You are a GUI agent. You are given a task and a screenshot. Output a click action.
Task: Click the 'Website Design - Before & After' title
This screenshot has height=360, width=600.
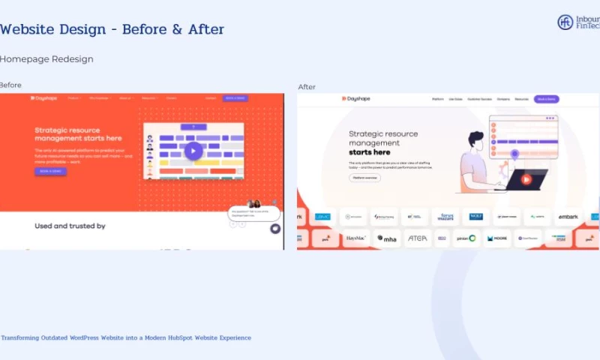point(112,30)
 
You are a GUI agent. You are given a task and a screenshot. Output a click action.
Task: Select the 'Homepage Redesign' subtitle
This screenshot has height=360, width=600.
point(46,59)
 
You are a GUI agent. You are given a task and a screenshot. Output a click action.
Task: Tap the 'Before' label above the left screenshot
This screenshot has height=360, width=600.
point(10,85)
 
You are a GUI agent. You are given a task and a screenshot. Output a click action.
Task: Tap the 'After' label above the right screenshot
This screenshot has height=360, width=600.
point(307,87)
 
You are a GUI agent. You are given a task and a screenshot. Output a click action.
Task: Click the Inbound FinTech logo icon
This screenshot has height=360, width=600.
point(565,22)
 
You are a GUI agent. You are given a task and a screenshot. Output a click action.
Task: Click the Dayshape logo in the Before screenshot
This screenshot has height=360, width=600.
point(43,98)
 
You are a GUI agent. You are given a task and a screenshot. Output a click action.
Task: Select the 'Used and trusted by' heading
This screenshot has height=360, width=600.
point(70,226)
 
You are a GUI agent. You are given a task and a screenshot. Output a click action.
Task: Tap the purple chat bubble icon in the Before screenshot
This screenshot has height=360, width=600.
point(275,229)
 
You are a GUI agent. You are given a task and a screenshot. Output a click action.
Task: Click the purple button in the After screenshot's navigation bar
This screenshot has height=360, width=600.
point(546,99)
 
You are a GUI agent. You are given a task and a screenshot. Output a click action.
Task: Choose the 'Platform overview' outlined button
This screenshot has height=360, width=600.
point(364,178)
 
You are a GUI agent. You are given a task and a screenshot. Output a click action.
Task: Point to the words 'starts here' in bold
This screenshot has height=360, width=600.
point(370,152)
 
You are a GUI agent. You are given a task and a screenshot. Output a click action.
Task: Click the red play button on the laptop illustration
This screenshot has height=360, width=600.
point(526,179)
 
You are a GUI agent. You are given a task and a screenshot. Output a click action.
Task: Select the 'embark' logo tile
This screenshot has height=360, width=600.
point(567,217)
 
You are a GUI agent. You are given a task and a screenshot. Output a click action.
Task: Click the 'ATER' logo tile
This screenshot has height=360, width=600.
point(416,238)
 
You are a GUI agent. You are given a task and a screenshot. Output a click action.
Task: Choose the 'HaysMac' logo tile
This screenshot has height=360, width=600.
point(355,238)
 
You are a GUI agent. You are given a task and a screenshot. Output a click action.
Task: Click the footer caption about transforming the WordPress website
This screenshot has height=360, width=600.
point(126,338)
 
